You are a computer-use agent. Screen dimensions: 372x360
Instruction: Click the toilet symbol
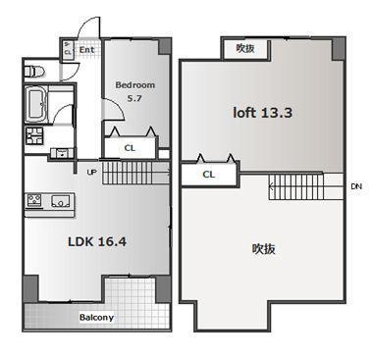click(x=34, y=71)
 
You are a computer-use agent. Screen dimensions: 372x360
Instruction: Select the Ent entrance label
click(x=86, y=50)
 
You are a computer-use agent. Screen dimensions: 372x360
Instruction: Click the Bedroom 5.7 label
click(x=134, y=91)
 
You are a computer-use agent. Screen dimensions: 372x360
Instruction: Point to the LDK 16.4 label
click(x=97, y=242)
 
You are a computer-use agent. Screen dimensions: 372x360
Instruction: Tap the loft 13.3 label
click(x=262, y=113)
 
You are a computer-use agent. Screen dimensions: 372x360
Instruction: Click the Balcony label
click(x=96, y=317)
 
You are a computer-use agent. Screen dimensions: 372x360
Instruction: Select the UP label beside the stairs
click(x=92, y=172)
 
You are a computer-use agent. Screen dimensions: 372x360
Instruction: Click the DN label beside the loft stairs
click(x=356, y=186)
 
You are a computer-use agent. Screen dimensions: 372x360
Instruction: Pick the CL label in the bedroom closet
click(x=130, y=148)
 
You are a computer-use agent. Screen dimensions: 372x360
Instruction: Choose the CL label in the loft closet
click(x=208, y=175)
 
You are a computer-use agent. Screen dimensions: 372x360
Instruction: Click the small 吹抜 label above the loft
click(x=245, y=49)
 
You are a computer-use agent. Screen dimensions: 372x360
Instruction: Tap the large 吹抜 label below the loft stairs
click(x=263, y=249)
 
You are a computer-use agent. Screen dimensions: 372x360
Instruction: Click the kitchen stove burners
click(x=34, y=200)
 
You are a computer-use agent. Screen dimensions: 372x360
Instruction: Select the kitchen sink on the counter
click(x=61, y=200)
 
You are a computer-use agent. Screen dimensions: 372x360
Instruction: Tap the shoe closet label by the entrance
click(x=68, y=49)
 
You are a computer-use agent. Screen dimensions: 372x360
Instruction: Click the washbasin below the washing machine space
click(x=62, y=153)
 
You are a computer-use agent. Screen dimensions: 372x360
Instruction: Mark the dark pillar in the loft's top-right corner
click(x=339, y=49)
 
